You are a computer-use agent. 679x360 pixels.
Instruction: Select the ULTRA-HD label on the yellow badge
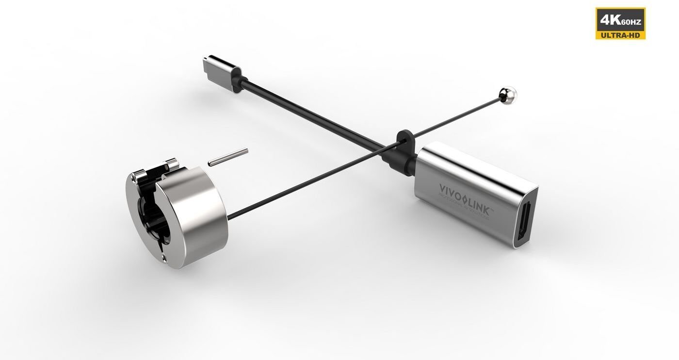[x=620, y=34]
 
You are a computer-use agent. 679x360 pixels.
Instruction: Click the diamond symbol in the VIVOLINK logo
[x=464, y=197]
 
